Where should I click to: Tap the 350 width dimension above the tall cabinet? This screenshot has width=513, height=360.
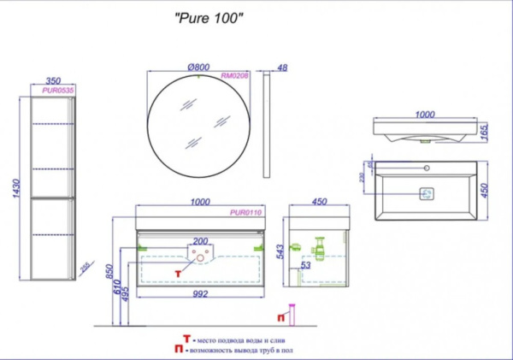53,77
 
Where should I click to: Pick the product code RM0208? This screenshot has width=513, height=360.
233,75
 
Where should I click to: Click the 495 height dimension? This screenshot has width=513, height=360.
128,293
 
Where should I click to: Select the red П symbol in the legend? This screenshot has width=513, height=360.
177,349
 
